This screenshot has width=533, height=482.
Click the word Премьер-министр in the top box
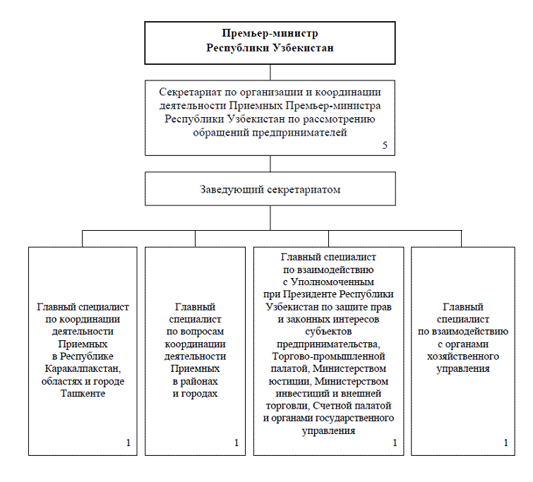[270, 33]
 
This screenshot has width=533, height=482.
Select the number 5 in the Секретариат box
[385, 145]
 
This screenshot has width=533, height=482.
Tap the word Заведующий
[232, 189]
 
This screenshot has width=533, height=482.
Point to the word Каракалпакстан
[83, 368]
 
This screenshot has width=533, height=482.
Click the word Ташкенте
[83, 393]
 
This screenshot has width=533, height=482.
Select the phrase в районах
[195, 381]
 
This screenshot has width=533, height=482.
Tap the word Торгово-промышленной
[328, 356]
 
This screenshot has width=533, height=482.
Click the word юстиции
[289, 381]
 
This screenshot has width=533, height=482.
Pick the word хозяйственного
[463, 356]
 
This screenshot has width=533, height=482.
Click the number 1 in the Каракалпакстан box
[128, 442]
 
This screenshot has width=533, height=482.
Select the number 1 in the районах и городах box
[236, 442]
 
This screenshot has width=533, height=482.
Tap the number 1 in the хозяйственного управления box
[505, 442]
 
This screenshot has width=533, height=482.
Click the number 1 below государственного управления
[395, 442]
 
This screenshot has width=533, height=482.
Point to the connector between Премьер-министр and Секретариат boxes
[270, 73]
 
